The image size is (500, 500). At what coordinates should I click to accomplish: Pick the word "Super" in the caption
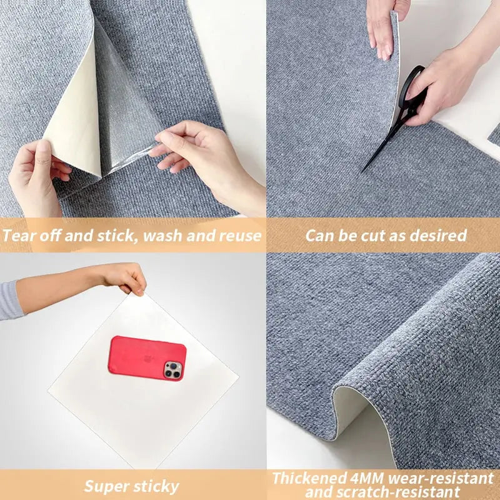[x=106, y=486]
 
